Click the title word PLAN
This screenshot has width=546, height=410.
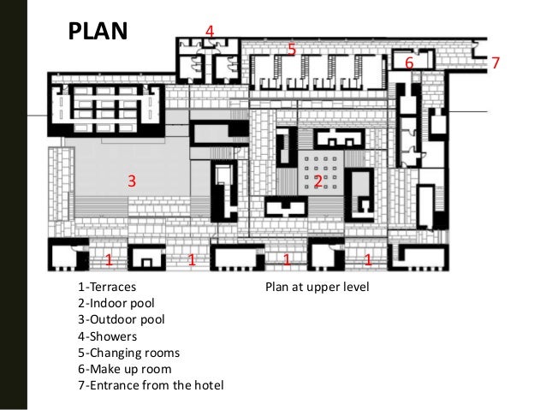click(x=98, y=31)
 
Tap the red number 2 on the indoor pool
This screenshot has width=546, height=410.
click(x=318, y=181)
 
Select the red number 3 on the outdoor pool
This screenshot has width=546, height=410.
click(x=132, y=181)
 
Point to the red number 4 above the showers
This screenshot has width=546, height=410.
click(x=210, y=32)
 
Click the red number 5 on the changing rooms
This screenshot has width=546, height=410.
click(x=292, y=49)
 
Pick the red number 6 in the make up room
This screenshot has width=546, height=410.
click(x=409, y=62)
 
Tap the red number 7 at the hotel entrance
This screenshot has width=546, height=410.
click(x=496, y=62)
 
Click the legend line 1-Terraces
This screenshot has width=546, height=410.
click(x=107, y=287)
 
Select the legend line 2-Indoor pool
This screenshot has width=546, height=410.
click(x=116, y=303)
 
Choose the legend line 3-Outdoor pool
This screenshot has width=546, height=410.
click(x=122, y=319)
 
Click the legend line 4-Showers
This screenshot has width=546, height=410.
click(x=107, y=336)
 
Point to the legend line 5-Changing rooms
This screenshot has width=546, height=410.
click(x=129, y=353)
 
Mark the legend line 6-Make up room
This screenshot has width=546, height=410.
click(x=125, y=369)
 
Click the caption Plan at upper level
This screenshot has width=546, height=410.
click(x=318, y=287)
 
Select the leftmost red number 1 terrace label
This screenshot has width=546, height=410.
click(x=109, y=260)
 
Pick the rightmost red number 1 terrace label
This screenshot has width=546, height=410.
click(x=368, y=260)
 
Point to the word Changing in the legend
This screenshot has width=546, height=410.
click(x=111, y=354)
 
